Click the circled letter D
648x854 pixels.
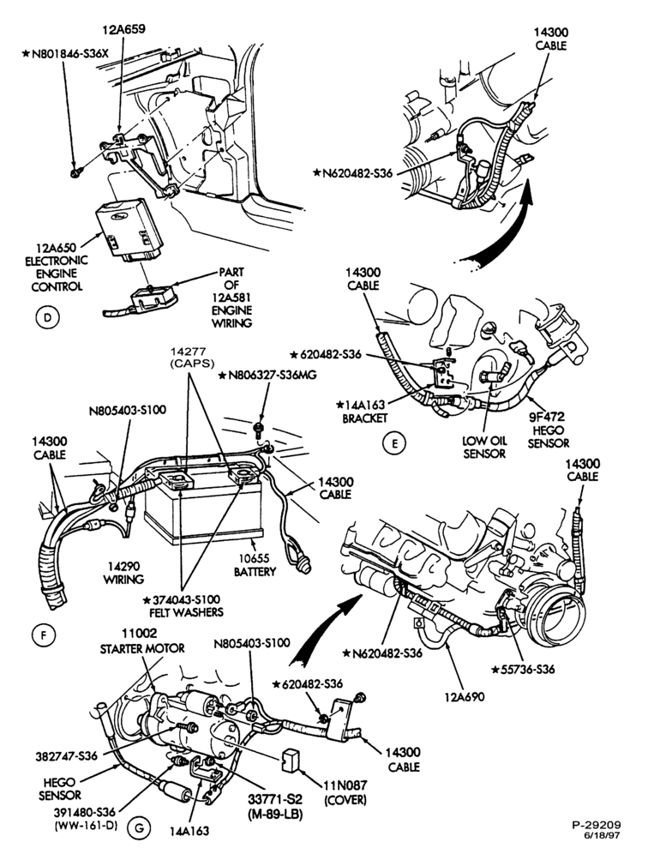(47, 317)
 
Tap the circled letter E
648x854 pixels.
(395, 443)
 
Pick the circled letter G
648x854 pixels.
(139, 829)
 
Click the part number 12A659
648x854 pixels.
(124, 29)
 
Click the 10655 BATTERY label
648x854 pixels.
(255, 565)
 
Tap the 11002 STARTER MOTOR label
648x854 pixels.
(142, 641)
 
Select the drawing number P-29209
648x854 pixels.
(597, 825)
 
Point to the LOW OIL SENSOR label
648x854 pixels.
(484, 447)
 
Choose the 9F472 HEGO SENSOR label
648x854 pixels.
(549, 430)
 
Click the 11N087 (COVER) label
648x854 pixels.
(345, 792)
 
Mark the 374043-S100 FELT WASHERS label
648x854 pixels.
(183, 605)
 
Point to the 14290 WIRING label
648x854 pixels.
(123, 573)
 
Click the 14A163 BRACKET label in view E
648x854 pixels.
(363, 412)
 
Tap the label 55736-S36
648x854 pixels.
(523, 669)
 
